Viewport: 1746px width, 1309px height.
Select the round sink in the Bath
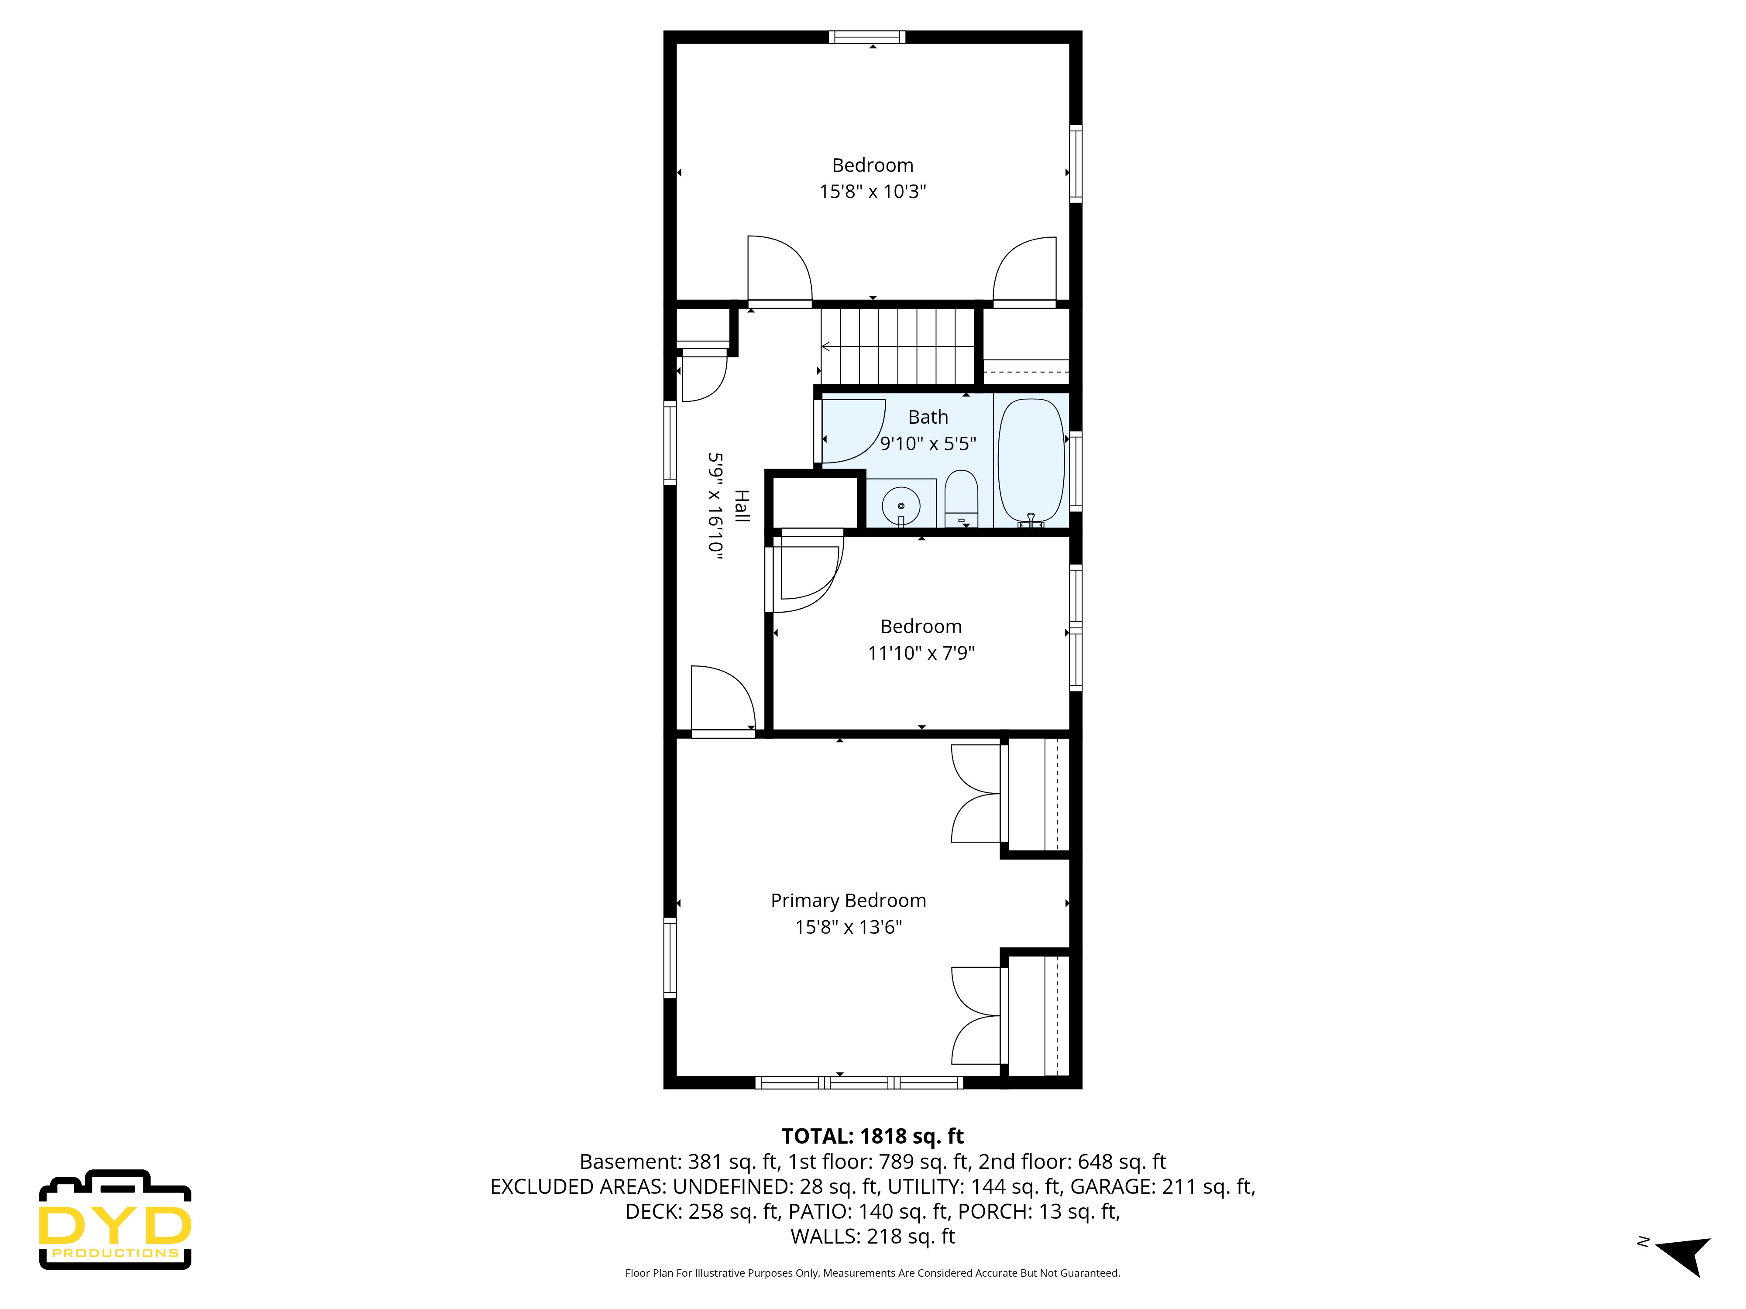tap(900, 504)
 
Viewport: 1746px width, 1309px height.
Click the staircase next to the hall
tap(898, 346)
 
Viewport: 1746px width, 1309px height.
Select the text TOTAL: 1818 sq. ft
tap(872, 1136)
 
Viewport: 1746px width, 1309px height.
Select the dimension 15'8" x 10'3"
tap(872, 192)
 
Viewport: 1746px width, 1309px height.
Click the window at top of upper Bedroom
tap(867, 36)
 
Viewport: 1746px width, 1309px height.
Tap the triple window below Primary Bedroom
tap(859, 1083)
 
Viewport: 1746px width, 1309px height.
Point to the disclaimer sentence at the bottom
tap(872, 1273)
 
